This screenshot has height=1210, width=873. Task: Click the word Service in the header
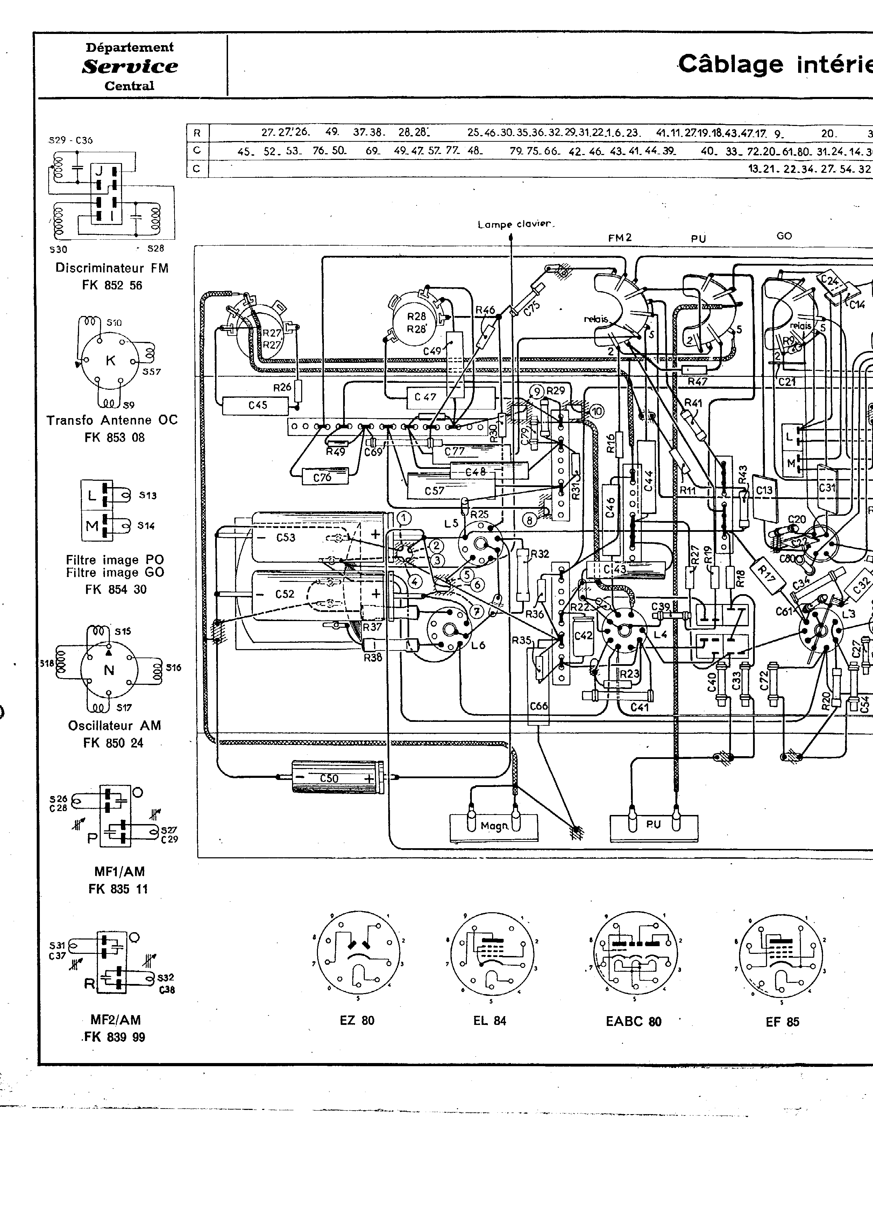point(130,67)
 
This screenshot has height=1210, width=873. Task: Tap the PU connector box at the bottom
point(654,825)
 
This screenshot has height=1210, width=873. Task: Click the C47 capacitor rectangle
point(425,397)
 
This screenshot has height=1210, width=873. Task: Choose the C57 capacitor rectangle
point(435,490)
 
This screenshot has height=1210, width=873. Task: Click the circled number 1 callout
point(405,518)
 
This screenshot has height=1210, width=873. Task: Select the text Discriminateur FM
point(112,268)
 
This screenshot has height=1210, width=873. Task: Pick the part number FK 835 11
point(118,889)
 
